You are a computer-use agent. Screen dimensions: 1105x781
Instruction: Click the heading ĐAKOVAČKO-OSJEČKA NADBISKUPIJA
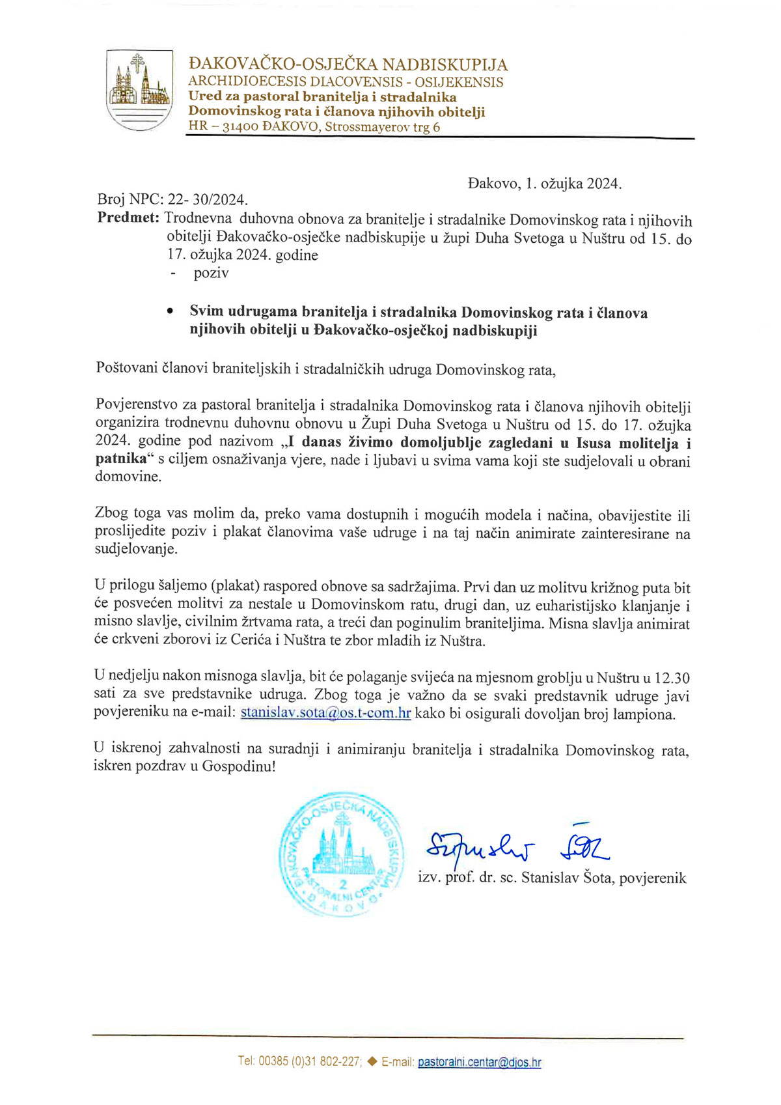(x=348, y=64)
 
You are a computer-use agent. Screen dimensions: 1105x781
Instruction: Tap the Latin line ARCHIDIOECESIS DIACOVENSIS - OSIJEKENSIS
(x=345, y=82)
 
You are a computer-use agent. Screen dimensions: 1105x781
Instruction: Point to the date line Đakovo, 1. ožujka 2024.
(x=544, y=184)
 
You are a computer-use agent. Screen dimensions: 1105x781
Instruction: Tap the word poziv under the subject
(x=211, y=273)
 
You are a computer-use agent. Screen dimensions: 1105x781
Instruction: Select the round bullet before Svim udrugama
(x=170, y=312)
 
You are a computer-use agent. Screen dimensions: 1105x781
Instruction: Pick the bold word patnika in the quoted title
(x=121, y=459)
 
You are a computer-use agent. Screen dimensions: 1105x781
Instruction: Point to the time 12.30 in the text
(x=672, y=678)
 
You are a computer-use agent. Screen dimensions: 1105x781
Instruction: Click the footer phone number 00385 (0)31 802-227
(x=310, y=1062)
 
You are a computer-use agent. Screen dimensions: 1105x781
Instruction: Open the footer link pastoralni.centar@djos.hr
(x=479, y=1063)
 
